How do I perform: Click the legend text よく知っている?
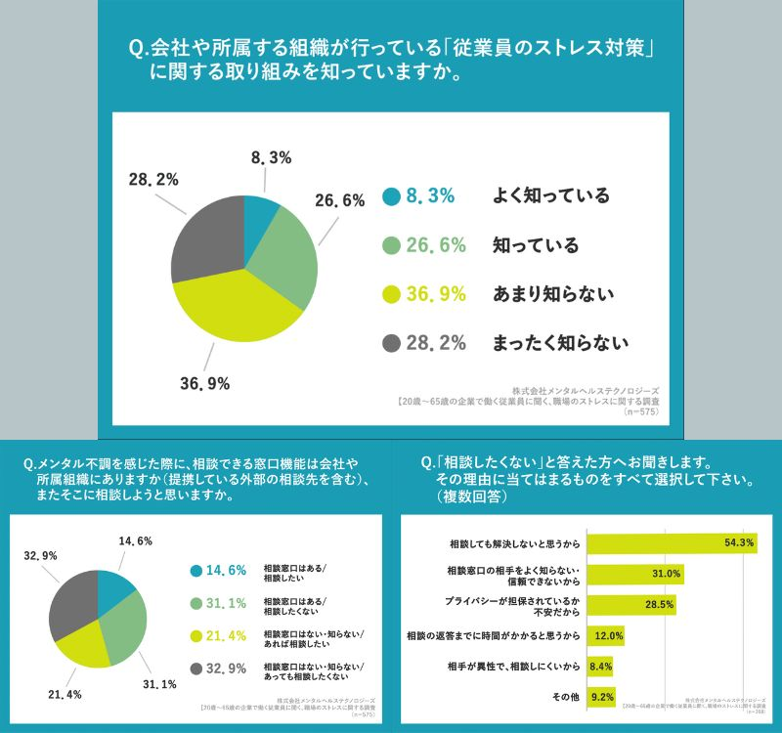pos(551,196)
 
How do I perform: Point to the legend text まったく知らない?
pos(560,343)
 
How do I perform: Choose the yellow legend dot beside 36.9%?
pos(392,294)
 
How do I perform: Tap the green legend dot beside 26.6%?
pos(392,245)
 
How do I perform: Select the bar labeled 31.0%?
pos(635,574)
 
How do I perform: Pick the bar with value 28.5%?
pos(631,605)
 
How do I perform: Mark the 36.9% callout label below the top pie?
pos(204,384)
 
